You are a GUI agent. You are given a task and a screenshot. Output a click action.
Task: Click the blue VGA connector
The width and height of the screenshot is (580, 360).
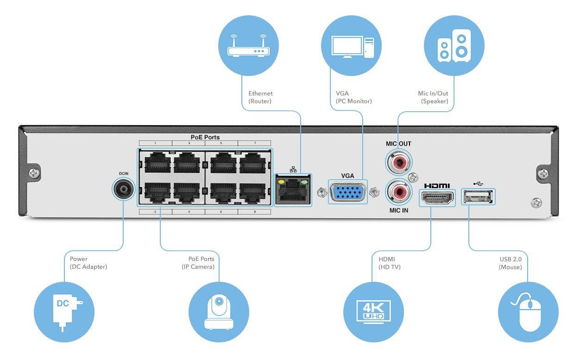coord(347,192)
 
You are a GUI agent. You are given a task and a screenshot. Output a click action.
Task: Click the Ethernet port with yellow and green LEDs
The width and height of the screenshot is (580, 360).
coord(293,190)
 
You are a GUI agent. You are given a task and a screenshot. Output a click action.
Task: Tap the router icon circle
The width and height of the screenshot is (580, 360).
coord(249,45)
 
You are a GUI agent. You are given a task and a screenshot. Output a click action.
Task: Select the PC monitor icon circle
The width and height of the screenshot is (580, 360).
coord(351,45)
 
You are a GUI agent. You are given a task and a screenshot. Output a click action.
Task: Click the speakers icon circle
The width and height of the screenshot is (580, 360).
coord(454,45)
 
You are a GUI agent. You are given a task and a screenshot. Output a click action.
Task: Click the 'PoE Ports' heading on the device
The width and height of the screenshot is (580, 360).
coord(205,137)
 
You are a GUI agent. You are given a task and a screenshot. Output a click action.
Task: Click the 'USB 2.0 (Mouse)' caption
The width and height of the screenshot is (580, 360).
coord(510,263)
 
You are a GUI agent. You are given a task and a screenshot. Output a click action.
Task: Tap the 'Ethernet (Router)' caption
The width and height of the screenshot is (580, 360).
coord(260,97)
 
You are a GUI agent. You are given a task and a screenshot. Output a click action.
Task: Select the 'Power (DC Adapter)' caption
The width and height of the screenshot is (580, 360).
coord(88,263)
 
